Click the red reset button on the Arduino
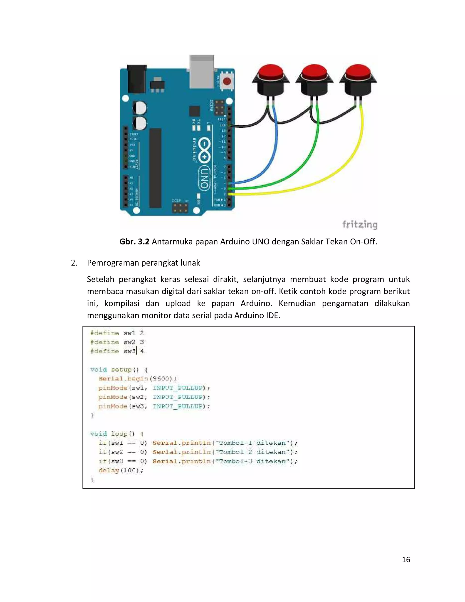(x=227, y=81)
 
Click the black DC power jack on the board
(x=136, y=79)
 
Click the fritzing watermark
(x=360, y=225)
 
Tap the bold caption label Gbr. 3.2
(x=134, y=242)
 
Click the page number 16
(x=406, y=559)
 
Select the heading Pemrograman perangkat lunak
(x=143, y=263)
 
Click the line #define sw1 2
(x=117, y=333)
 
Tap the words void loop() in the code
(x=112, y=434)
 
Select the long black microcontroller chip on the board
(x=155, y=168)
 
